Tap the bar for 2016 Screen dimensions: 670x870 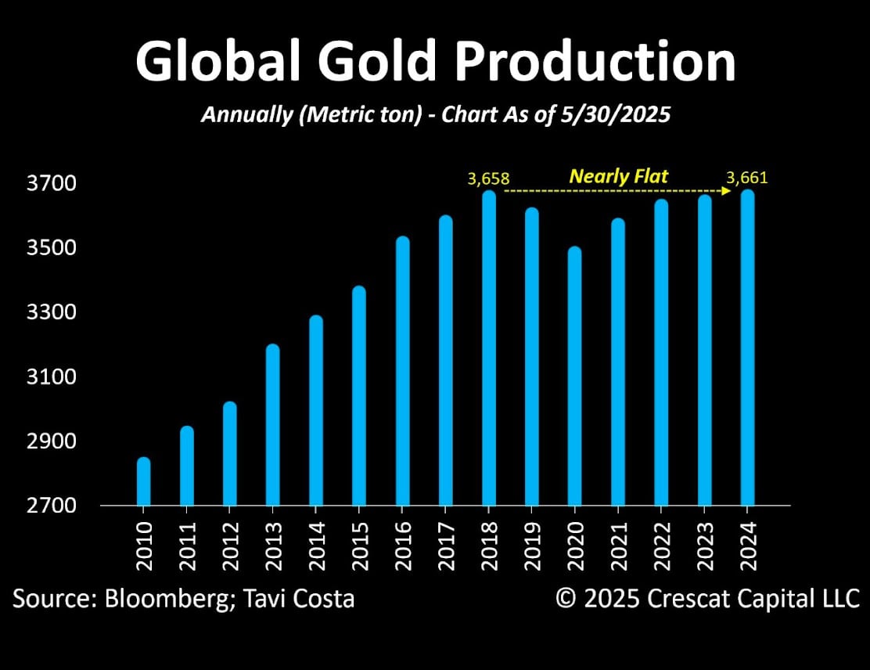(x=402, y=371)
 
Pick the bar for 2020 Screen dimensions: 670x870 (x=575, y=376)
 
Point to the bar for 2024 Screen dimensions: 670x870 (x=747, y=348)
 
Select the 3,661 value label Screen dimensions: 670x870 (x=747, y=178)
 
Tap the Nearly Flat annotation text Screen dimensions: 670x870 (x=618, y=176)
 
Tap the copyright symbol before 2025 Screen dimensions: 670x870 (x=566, y=600)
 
